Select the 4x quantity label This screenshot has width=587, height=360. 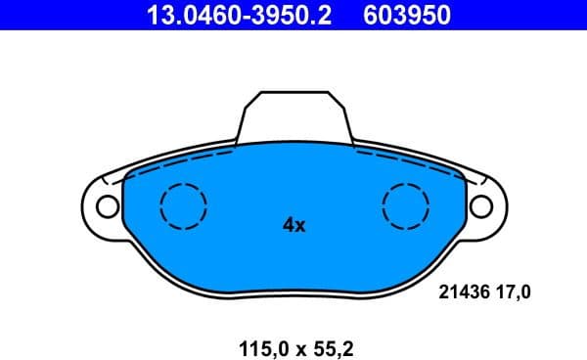293,226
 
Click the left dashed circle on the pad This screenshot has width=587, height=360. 183,206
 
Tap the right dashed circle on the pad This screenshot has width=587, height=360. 406,206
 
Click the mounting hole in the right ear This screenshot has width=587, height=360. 480,206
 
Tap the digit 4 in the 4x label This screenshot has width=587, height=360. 288,226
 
